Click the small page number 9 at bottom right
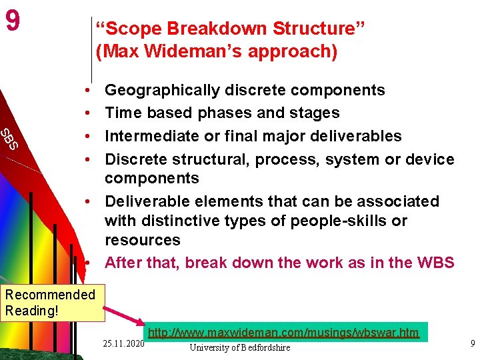point(472,343)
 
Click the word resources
point(143,240)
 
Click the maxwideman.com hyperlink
point(283,333)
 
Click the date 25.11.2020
point(124,343)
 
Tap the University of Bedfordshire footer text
point(240,347)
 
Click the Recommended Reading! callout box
point(50,302)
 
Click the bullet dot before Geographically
point(87,90)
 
